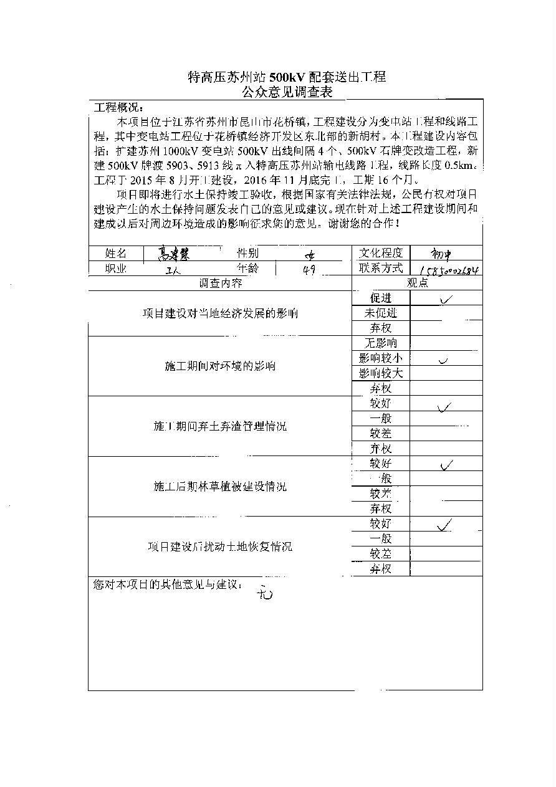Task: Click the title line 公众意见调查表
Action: [287, 93]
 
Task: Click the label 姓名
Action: [115, 253]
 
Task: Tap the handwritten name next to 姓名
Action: [174, 253]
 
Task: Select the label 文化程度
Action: [381, 252]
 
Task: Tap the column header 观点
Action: [417, 283]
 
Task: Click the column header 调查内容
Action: [220, 283]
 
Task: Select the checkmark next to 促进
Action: [446, 299]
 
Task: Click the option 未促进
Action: [381, 313]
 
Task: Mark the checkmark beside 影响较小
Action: [444, 360]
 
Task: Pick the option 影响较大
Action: [381, 373]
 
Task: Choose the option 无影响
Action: [381, 343]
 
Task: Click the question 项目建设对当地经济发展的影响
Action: [220, 313]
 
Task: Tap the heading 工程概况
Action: [118, 107]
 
